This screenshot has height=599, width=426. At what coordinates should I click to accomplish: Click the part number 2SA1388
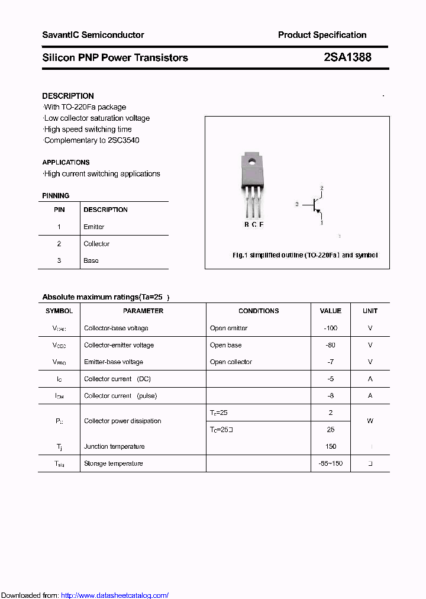tap(347, 57)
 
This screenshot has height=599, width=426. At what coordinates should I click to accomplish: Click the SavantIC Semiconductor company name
tap(93, 35)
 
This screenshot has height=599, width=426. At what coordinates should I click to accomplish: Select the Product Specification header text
tap(322, 35)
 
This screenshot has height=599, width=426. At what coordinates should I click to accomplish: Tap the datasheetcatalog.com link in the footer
tap(115, 595)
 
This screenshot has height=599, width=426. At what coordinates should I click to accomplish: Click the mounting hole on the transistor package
tap(252, 160)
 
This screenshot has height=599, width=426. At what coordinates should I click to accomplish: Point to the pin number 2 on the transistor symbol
tap(322, 188)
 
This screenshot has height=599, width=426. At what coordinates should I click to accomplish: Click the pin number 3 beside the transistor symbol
tap(296, 204)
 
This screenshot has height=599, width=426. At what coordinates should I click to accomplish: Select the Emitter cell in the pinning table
tap(94, 227)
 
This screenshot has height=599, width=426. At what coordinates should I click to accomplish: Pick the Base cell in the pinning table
tap(91, 260)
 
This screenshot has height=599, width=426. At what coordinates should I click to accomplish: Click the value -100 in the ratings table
tap(330, 328)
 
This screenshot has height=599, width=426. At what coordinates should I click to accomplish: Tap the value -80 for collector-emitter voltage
tap(330, 345)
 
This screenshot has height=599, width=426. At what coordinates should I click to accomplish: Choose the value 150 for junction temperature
tap(330, 446)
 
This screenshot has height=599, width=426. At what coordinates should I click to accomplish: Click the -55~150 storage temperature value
tap(330, 463)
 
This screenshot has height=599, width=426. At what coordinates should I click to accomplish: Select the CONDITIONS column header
tap(259, 311)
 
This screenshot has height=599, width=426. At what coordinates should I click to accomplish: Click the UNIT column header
tap(370, 311)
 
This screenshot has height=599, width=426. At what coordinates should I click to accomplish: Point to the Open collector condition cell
tap(231, 362)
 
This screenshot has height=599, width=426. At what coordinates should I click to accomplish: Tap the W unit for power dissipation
tap(370, 421)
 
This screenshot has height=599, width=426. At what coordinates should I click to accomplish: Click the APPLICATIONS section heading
tap(66, 162)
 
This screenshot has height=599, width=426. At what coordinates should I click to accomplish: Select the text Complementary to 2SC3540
tap(92, 140)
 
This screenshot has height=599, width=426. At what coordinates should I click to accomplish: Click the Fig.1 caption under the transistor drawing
tap(305, 255)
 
